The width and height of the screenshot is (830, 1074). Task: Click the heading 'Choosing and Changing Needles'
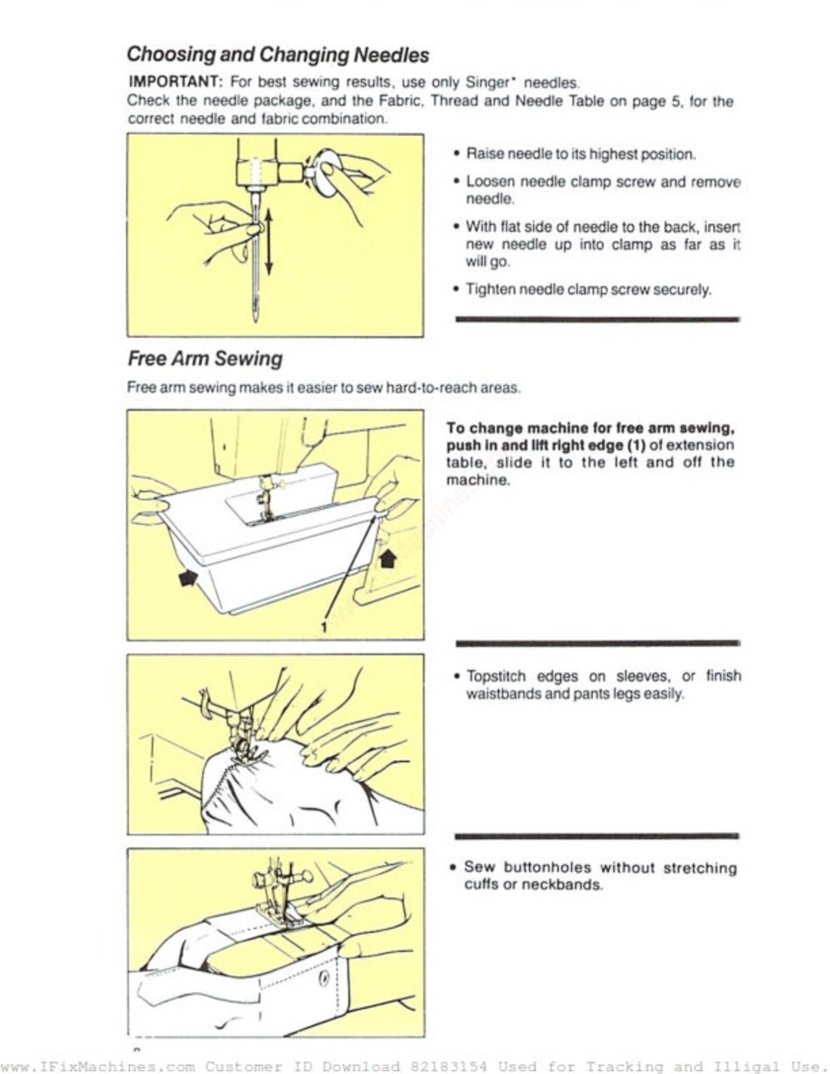[278, 54]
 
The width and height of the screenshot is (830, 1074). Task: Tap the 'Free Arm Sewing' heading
[205, 359]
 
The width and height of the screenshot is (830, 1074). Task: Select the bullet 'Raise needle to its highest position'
[580, 154]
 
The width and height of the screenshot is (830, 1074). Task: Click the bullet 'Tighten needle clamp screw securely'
[588, 289]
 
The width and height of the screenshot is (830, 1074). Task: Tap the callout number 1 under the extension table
[324, 627]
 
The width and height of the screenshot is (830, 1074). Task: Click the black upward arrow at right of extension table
[387, 558]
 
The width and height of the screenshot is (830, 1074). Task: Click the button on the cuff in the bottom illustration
[324, 976]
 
